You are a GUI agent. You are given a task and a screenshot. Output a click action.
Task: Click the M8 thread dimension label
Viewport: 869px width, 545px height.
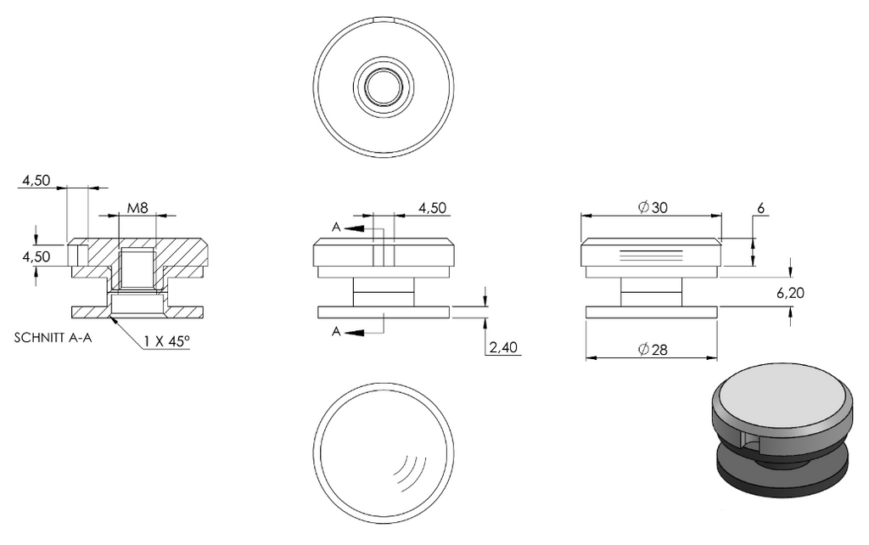click(x=137, y=208)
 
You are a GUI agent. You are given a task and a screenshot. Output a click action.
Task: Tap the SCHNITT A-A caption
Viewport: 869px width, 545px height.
click(x=53, y=338)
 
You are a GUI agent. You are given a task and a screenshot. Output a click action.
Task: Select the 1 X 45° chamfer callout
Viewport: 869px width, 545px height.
click(x=167, y=341)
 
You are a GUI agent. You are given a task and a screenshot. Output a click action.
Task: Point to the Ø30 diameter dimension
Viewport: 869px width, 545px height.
click(x=653, y=207)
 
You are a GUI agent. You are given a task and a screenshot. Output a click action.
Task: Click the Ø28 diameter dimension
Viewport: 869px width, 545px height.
click(x=653, y=349)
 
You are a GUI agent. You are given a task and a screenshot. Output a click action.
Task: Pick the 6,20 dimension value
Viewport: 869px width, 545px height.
click(x=790, y=293)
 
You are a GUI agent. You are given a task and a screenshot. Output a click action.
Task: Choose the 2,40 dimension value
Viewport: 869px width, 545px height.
click(x=503, y=347)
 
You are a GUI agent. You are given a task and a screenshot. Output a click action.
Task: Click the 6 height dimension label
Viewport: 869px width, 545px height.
click(x=760, y=208)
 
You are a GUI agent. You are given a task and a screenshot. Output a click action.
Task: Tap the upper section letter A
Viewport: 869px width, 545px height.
click(x=336, y=227)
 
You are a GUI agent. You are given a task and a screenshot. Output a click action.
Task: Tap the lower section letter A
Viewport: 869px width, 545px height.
click(x=336, y=332)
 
